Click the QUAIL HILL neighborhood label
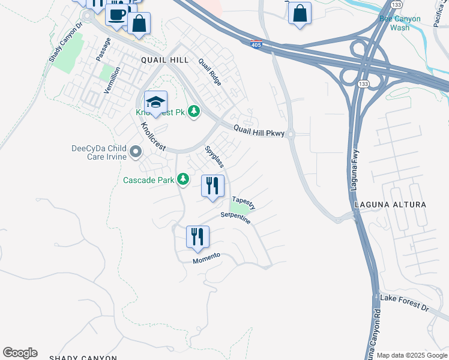point(165,60)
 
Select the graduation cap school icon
point(155,102)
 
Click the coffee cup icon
point(118,13)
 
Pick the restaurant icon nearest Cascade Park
point(212,186)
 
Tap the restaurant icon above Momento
point(197,236)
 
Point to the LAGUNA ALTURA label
point(390,205)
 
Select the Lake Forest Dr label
point(405,303)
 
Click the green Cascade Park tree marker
point(183,179)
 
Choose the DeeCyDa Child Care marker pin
point(136,152)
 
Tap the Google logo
point(20,353)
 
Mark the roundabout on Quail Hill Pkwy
point(291,134)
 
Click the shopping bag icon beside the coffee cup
point(139,24)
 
